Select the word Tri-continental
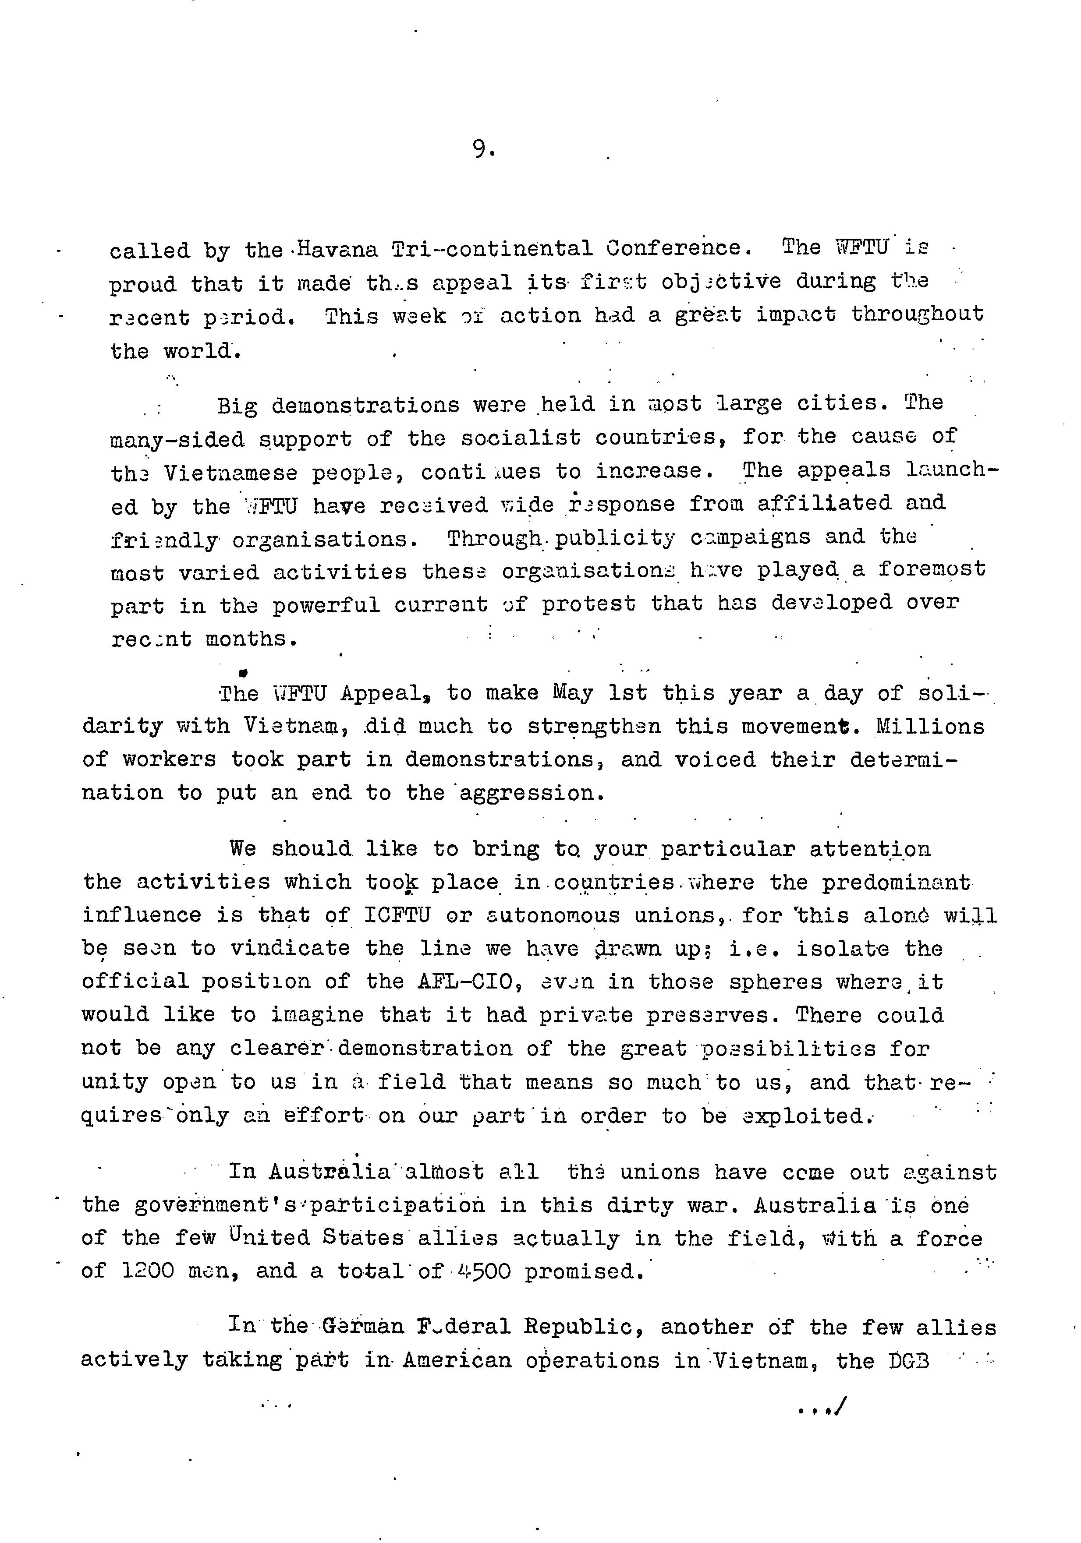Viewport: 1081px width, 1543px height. pos(492,249)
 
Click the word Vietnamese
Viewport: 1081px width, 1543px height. pos(230,473)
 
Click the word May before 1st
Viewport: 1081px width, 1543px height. pos(573,693)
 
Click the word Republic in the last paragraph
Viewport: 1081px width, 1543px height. pos(578,1327)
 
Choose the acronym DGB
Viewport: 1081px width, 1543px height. pos(909,1361)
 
